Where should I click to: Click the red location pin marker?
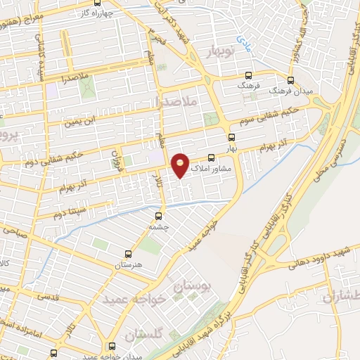click(181, 165)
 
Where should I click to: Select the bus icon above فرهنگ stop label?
click(247, 76)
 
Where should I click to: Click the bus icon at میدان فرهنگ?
click(291, 80)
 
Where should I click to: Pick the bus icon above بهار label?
click(231, 137)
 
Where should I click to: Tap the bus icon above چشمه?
click(157, 216)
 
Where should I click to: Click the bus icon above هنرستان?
click(128, 253)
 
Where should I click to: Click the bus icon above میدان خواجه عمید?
click(112, 346)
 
